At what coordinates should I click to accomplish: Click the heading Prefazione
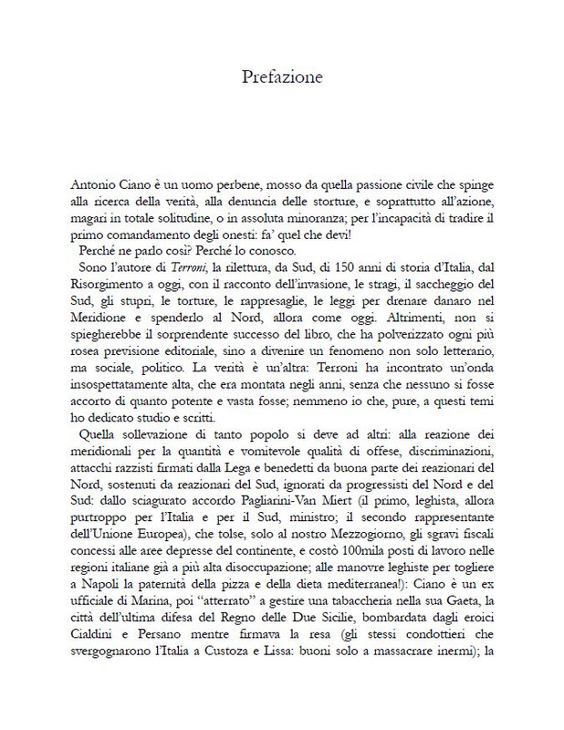[x=282, y=77]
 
